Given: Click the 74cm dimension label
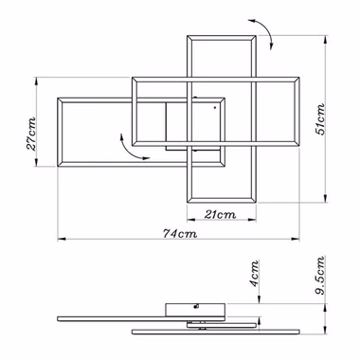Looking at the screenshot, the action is (180, 234).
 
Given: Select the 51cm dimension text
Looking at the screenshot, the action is (320, 118).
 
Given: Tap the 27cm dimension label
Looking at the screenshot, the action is (30, 134).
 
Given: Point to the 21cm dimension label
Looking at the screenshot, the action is (220, 215).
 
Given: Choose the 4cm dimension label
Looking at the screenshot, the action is (254, 274).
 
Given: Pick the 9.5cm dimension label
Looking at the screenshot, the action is (320, 275).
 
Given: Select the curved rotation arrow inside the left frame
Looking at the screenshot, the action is (133, 149).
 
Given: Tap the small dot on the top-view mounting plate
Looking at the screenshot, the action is (215, 108).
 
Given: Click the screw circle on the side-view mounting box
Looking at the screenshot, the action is (196, 306).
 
